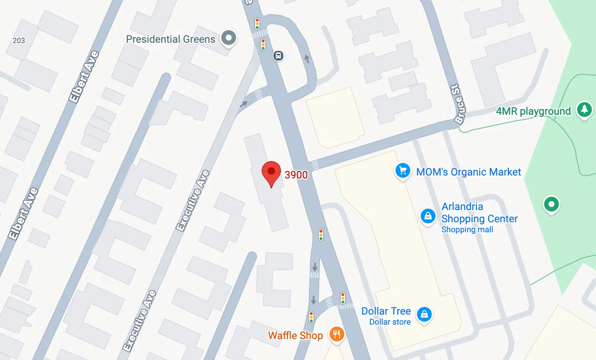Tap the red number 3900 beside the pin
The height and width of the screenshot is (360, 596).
click(x=296, y=175)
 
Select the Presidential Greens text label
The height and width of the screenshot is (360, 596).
click(x=170, y=39)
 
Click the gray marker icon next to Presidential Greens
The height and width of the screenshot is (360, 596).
click(x=229, y=38)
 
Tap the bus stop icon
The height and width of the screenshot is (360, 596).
click(x=278, y=56)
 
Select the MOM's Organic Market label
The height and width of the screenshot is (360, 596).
click(x=468, y=172)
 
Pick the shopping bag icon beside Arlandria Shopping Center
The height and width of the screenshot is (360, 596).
click(x=428, y=216)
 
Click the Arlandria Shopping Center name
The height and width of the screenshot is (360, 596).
click(x=479, y=213)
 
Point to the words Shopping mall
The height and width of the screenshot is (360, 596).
click(x=467, y=230)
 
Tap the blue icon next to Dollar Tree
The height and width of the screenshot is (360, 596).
click(x=425, y=314)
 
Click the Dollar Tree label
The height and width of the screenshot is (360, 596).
click(x=386, y=311)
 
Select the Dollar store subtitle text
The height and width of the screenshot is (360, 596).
click(x=390, y=322)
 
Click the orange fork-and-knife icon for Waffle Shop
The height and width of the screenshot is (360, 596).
click(x=337, y=334)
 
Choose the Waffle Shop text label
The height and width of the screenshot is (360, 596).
click(x=295, y=335)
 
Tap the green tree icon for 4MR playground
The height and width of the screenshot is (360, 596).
click(x=584, y=110)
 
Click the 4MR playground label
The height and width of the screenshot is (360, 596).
click(x=533, y=111)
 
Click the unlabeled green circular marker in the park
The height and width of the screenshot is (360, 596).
click(x=551, y=204)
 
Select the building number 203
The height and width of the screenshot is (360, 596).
click(x=19, y=41)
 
